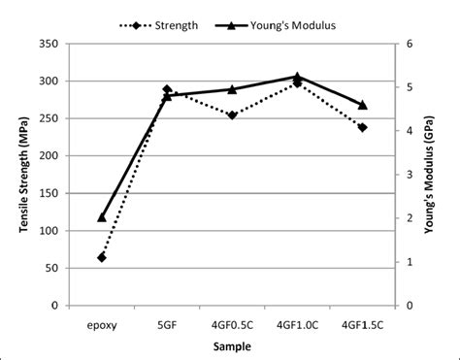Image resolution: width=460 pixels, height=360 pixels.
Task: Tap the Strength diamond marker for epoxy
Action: pos(102,257)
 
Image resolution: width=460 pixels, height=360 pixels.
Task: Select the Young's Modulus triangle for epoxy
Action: pos(102,217)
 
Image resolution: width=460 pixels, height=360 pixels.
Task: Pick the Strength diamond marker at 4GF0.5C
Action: pos(232,115)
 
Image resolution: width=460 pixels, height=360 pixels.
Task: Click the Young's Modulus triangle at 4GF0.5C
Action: pos(232,89)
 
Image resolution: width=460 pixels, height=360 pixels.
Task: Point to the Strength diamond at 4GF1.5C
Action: pos(363,127)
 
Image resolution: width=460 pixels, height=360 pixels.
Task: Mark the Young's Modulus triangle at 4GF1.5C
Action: pos(363,105)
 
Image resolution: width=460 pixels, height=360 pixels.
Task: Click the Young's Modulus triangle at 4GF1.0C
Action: pos(297,76)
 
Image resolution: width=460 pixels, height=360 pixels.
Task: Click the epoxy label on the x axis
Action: pos(102,324)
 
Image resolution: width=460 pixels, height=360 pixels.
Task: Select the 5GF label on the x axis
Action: pos(167,324)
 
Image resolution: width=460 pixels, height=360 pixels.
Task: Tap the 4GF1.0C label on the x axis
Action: pos(297,324)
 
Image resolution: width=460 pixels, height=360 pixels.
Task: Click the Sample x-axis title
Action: pos(232,347)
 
